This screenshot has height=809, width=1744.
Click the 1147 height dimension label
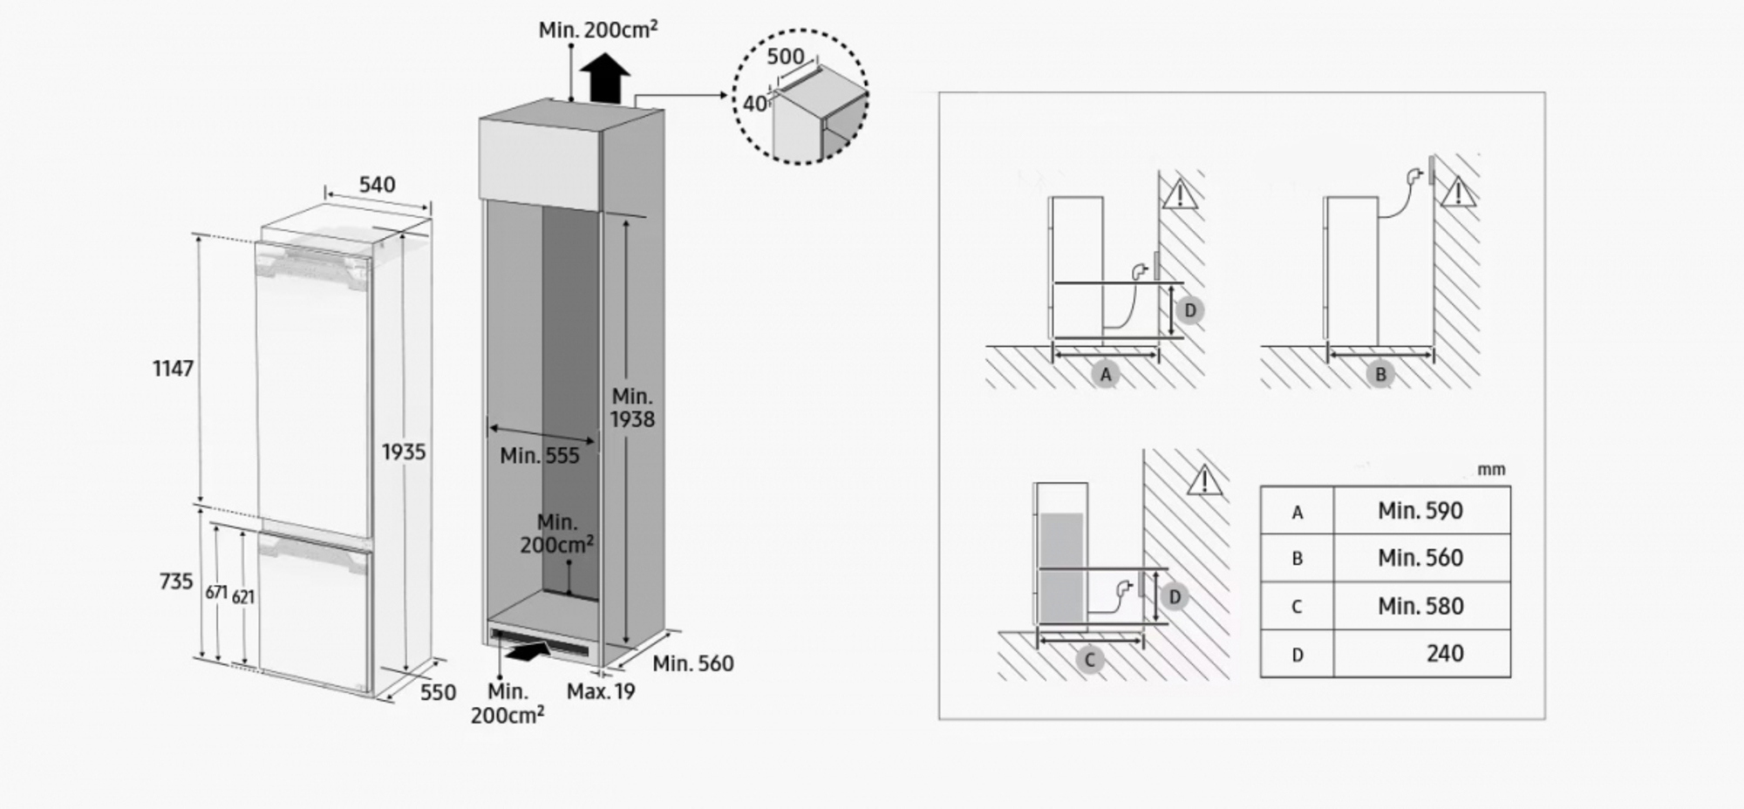pos(173,369)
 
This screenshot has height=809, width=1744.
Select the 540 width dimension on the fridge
pos(377,185)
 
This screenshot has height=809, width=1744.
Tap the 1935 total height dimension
pos(404,452)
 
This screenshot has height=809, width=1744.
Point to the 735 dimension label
pos(176,581)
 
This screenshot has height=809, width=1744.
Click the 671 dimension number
pos(216,593)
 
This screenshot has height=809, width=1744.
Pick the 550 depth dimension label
pos(438,692)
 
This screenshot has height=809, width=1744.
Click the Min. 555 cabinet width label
pos(540,455)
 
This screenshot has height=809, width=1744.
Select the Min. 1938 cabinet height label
pos(632,408)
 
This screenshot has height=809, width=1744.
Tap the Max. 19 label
pos(601,691)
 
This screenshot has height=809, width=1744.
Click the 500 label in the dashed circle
pos(786,57)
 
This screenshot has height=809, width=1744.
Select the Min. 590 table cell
pos(1421,511)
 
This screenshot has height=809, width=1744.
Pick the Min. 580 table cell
pos(1421,606)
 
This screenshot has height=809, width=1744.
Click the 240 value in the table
pos(1445,654)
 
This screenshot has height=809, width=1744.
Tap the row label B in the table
pos(1298,559)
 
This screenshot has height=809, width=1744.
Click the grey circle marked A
pos(1106,375)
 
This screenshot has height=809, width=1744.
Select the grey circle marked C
pos(1089,660)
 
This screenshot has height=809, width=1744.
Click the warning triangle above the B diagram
pos(1458,193)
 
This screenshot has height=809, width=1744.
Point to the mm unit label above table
pos(1491,470)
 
